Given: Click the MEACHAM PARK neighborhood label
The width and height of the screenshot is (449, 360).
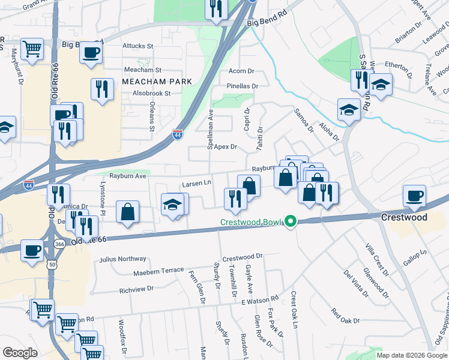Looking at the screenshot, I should click(157, 82).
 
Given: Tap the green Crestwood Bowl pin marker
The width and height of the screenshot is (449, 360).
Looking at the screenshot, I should click(291, 222).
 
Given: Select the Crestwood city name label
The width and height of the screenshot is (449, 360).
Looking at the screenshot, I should click(405, 217).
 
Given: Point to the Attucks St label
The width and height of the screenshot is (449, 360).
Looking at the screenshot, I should click(138, 46).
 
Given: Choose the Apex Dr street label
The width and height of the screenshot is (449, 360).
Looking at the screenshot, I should click(226, 146).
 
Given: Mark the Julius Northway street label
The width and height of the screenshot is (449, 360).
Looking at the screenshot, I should click(123, 259).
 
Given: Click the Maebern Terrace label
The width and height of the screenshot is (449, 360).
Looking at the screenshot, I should click(158, 271).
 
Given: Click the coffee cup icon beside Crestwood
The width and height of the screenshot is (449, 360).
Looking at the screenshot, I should click(415, 195).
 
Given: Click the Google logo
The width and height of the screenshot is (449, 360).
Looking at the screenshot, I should click(20, 353).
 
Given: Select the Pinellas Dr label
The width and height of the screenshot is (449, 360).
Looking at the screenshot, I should click(243, 86).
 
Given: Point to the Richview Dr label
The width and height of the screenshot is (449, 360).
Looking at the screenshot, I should click(136, 289).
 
